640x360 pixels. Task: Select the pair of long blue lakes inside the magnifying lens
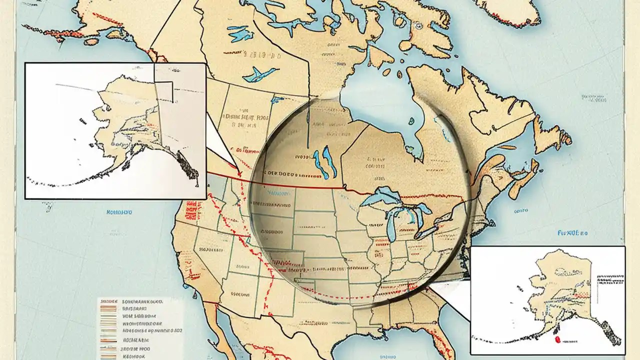click(x=321, y=161)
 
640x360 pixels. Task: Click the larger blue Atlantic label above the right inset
click(x=572, y=233)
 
